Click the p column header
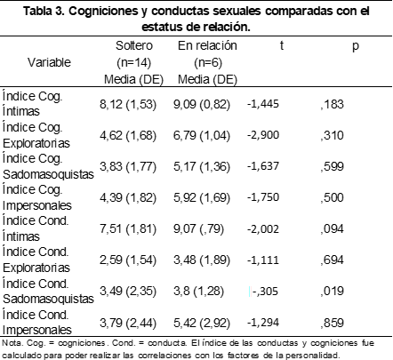click(356, 47)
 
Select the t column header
click(282, 45)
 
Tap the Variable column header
click(49, 62)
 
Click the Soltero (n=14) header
click(134, 54)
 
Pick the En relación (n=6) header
click(207, 54)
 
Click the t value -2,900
click(263, 135)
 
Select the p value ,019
click(332, 292)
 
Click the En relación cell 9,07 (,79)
click(198, 229)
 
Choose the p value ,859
click(332, 323)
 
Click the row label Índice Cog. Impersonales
click(37, 197)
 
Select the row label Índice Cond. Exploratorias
click(36, 260)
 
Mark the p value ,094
click(332, 229)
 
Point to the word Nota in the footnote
click(12, 343)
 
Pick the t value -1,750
click(263, 197)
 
